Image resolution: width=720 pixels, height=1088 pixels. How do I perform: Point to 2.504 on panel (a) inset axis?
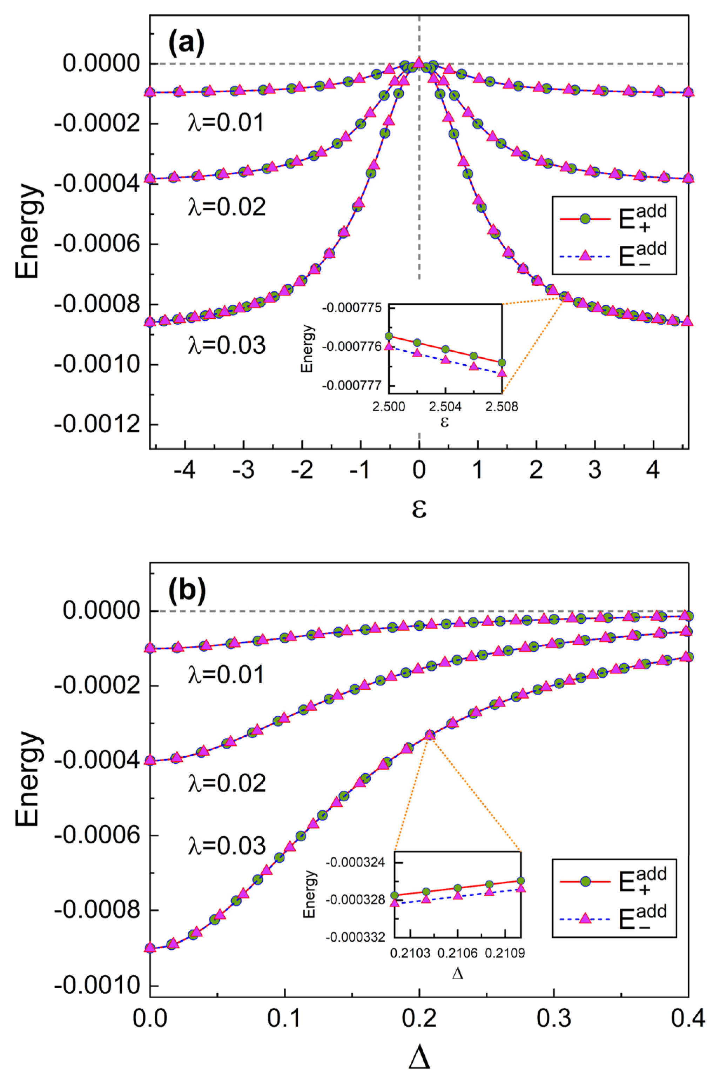(445, 407)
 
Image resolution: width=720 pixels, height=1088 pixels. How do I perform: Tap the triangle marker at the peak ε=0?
(419, 61)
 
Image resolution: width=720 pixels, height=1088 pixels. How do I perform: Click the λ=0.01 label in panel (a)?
(226, 123)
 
